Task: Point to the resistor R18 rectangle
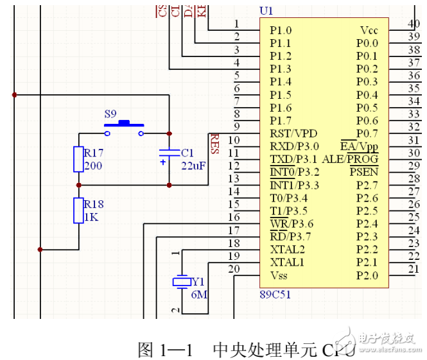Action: (78, 210)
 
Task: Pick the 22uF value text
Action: (193, 166)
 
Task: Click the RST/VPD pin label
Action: (293, 133)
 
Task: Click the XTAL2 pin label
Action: (287, 250)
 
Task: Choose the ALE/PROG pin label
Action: (350, 159)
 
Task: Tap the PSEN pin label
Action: (364, 172)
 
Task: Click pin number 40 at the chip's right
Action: (414, 24)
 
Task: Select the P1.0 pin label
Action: (280, 30)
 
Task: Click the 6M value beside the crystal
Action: (200, 295)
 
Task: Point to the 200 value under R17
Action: (93, 166)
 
